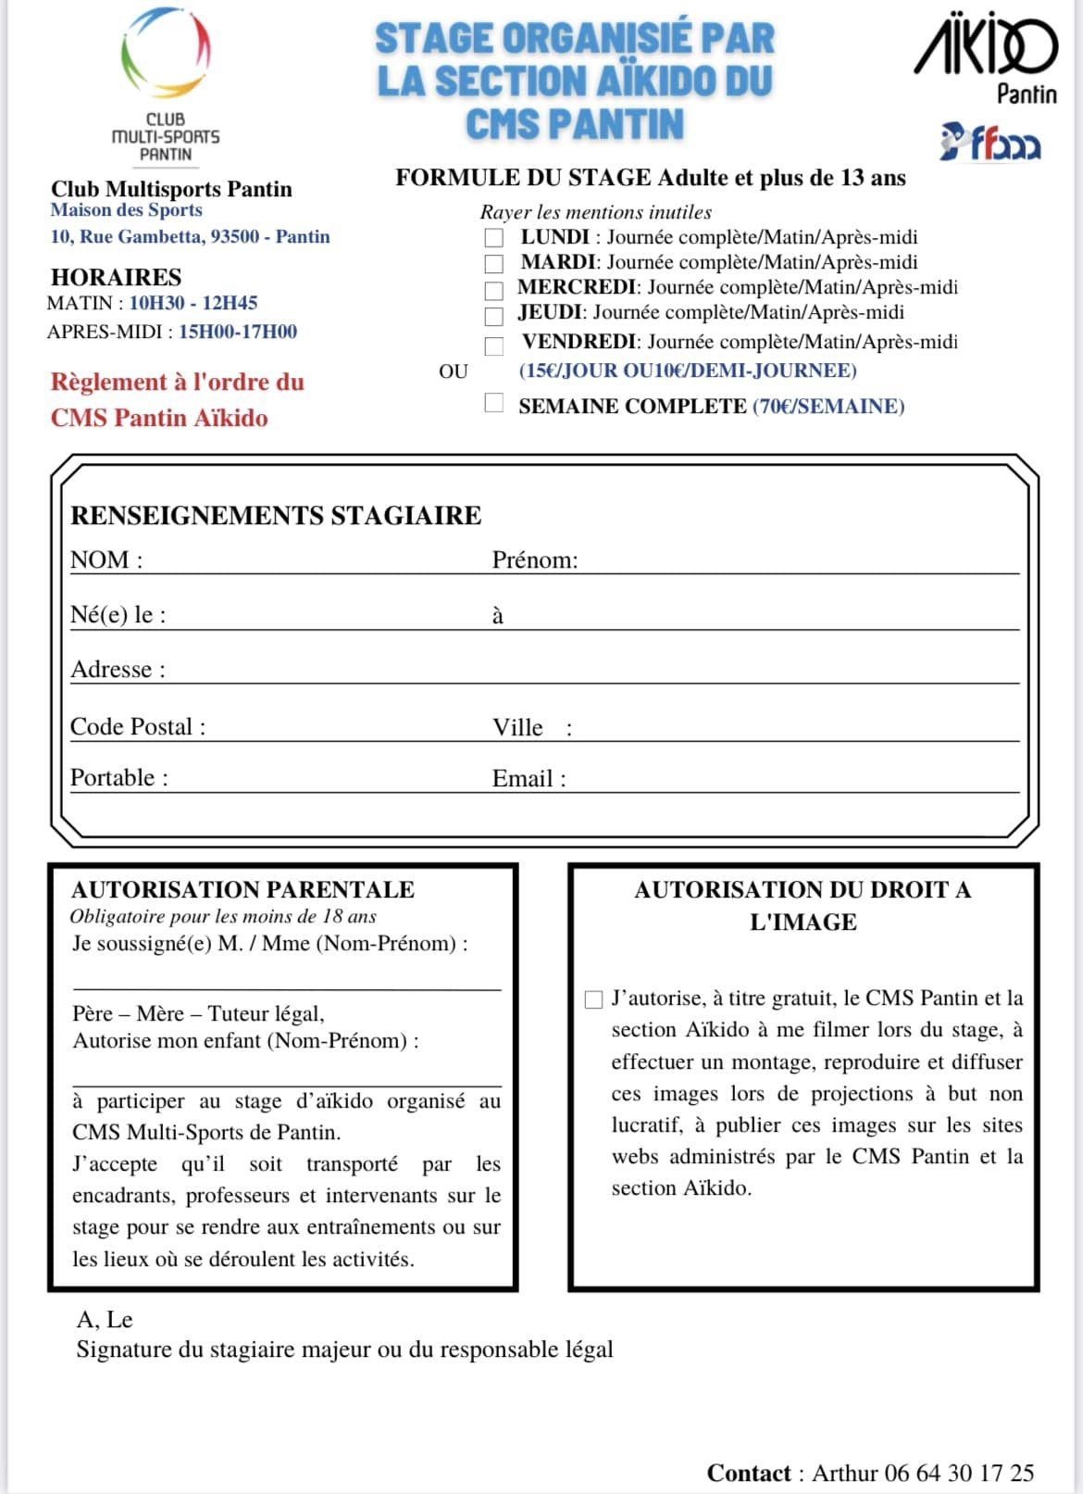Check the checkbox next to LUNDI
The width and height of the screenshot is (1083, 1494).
point(494,238)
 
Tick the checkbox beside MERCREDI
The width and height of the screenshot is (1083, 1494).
point(494,291)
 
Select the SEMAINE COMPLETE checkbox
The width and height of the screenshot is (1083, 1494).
point(494,403)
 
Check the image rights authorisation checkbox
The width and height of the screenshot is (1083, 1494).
point(594,999)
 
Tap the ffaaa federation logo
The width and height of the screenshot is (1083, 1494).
point(990,143)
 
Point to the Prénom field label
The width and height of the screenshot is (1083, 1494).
point(535,560)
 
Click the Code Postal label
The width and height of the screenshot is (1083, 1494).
point(138,727)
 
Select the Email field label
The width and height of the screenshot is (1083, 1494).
point(529,779)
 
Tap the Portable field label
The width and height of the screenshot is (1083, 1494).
point(119,778)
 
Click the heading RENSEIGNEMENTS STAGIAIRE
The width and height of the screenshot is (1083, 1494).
point(276,516)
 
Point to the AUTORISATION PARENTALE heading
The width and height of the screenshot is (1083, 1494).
point(243,890)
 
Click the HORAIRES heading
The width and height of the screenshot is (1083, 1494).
point(116,277)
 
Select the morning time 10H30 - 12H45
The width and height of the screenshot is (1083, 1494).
point(193,303)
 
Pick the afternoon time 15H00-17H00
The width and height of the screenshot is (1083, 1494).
point(238,332)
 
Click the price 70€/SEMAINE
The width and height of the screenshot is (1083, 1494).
point(828,407)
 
